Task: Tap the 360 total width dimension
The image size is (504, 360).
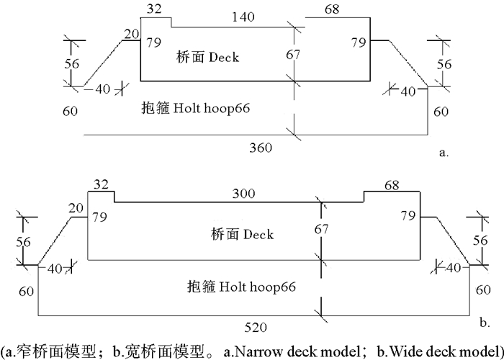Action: (260, 148)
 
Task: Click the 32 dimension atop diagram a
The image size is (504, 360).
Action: (153, 9)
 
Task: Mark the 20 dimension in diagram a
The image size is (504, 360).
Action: (130, 33)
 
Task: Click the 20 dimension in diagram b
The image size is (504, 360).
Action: (76, 209)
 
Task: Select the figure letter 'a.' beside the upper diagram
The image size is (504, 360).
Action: (444, 153)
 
